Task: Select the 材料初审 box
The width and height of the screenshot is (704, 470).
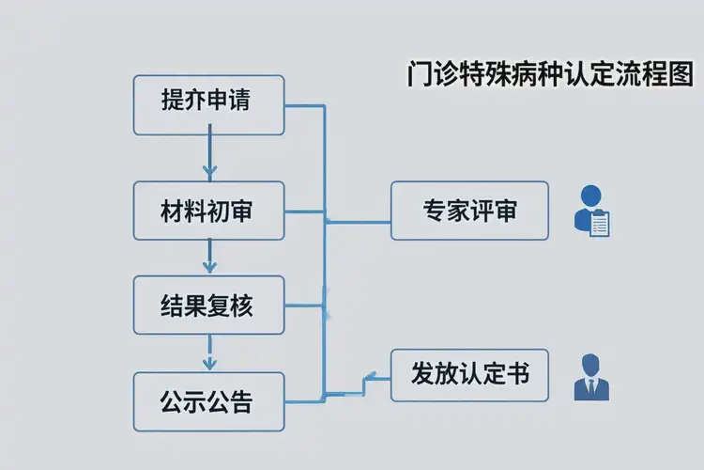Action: [x=208, y=211]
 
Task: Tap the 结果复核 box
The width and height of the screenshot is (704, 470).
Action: [x=208, y=305]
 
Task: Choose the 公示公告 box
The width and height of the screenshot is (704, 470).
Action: [x=208, y=401]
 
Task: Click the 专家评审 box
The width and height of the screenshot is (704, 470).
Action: [x=469, y=211]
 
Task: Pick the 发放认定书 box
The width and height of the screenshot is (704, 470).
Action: [x=469, y=374]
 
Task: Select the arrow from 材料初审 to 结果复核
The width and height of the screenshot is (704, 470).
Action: [x=209, y=257]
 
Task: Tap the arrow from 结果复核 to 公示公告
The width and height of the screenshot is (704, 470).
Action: [x=209, y=352]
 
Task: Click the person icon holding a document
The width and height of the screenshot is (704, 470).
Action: [x=591, y=211]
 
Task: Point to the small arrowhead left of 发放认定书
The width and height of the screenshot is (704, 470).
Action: [x=369, y=377]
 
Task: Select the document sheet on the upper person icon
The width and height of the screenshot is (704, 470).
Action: [x=599, y=224]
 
